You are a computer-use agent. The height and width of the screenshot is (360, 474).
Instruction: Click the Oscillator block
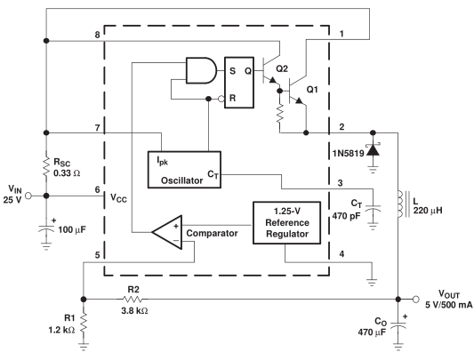pyautogui.click(x=184, y=170)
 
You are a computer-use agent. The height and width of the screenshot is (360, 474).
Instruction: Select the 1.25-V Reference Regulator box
pyautogui.click(x=286, y=222)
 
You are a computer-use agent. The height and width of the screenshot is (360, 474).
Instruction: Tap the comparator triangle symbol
pyautogui.click(x=167, y=232)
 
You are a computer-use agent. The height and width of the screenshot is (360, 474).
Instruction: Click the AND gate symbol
pyautogui.click(x=201, y=70)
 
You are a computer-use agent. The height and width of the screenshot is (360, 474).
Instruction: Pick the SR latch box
pyautogui.click(x=239, y=82)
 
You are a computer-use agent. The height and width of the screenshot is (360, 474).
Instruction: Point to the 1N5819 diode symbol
pyautogui.click(x=373, y=150)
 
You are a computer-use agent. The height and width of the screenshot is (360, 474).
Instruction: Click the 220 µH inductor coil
pyautogui.click(x=400, y=204)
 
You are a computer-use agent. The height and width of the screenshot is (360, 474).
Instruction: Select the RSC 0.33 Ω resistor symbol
pyautogui.click(x=46, y=166)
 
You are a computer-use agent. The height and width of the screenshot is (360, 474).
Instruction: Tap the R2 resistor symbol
pyautogui.click(x=133, y=300)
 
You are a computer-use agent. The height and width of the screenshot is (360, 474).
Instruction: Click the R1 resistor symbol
pyautogui.click(x=84, y=323)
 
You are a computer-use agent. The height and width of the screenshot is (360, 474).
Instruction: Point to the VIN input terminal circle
pyautogui.click(x=28, y=196)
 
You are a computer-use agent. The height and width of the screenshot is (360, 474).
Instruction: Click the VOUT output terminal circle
pyautogui.click(x=416, y=300)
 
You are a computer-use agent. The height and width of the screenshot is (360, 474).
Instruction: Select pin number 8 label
pyautogui.click(x=97, y=35)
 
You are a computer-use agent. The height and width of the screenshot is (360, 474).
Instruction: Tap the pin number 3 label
pyautogui.click(x=340, y=183)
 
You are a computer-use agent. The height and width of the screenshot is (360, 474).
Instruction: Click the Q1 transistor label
pyautogui.click(x=312, y=90)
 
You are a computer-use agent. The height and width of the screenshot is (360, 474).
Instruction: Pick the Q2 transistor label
pyautogui.click(x=282, y=69)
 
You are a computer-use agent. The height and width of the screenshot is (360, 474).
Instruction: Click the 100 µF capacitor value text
pyautogui.click(x=72, y=229)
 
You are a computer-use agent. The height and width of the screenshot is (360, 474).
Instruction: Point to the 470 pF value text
pyautogui.click(x=347, y=216)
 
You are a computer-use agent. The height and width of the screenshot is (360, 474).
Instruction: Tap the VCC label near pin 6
pyautogui.click(x=118, y=198)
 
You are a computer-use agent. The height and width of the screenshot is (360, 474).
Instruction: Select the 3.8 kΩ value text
pyautogui.click(x=134, y=310)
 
